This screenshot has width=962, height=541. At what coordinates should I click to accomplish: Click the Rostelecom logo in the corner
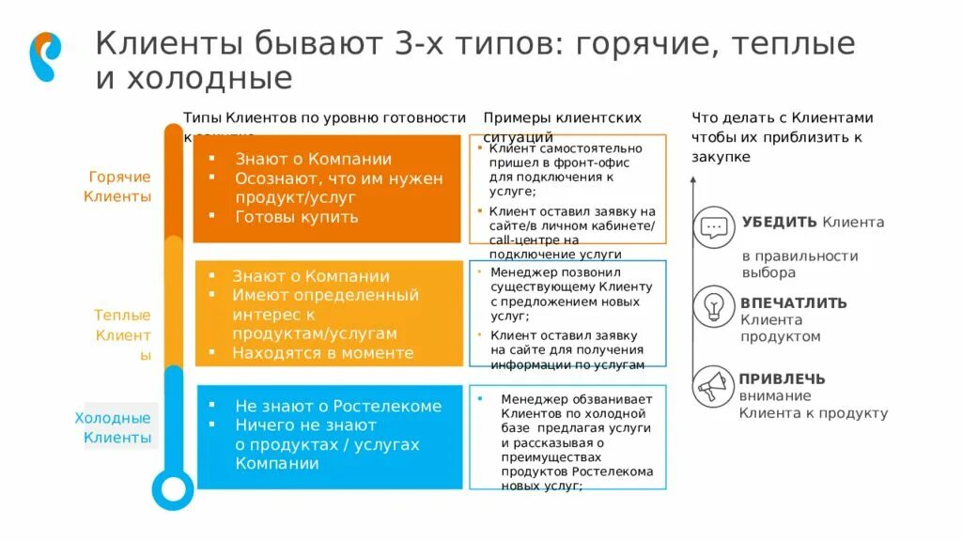[x=45, y=56]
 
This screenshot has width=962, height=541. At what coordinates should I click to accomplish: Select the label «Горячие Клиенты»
[x=118, y=187]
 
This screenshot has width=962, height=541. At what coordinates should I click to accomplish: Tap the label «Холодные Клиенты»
[x=115, y=427]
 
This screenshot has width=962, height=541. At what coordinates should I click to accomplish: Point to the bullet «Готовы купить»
[x=296, y=217]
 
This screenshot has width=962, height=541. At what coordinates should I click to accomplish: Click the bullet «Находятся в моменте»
[x=322, y=353]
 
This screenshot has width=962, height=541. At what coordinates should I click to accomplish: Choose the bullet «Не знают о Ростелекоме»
[x=337, y=407]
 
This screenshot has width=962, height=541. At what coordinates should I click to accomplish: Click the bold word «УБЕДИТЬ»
[x=779, y=223]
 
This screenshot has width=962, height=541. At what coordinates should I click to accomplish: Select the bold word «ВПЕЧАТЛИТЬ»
[x=793, y=303]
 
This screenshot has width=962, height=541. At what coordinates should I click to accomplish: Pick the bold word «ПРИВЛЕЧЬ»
[x=782, y=379]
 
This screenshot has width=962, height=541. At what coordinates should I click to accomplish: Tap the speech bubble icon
[x=714, y=227]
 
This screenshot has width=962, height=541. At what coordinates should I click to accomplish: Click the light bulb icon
[x=714, y=306]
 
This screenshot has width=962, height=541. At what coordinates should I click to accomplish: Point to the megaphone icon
[x=714, y=385]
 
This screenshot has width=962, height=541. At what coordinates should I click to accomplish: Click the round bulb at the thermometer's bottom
[x=172, y=489]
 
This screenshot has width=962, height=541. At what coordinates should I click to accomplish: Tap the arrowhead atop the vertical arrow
[x=693, y=182]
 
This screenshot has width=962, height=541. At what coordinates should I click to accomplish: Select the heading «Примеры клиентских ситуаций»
[x=562, y=126]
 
